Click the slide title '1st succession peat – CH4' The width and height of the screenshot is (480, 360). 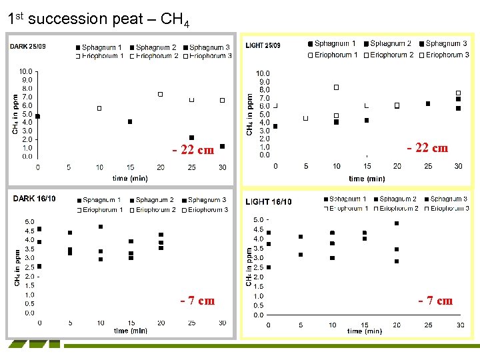(x=98, y=19)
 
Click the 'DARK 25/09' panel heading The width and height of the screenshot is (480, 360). (x=29, y=47)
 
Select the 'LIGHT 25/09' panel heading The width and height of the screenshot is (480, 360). (x=263, y=45)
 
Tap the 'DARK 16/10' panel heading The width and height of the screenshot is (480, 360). (x=35, y=199)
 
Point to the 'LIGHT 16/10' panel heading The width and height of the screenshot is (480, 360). (x=268, y=201)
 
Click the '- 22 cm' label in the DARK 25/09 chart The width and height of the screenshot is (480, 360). (x=193, y=150)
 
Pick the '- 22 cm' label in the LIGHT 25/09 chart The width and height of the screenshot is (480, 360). (x=427, y=147)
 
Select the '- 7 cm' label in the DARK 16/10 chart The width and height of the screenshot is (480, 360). (x=197, y=300)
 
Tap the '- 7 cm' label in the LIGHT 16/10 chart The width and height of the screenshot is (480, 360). (x=435, y=301)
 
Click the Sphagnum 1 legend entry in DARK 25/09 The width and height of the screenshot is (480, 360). (x=100, y=47)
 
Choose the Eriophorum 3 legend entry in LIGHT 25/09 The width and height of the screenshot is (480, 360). (x=447, y=55)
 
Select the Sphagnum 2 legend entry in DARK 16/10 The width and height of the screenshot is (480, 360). (x=153, y=200)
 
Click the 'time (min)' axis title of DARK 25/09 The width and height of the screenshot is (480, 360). (x=130, y=178)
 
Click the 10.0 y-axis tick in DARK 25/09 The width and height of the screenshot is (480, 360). (x=25, y=71)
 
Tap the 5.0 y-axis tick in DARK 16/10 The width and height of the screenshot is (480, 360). (x=30, y=221)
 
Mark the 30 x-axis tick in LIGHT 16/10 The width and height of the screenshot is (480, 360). (x=460, y=325)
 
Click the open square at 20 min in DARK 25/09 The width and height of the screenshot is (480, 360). (x=161, y=95)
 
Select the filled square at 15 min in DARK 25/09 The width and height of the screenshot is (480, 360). (x=130, y=121)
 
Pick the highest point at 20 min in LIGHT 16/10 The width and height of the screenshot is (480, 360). (x=397, y=223)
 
